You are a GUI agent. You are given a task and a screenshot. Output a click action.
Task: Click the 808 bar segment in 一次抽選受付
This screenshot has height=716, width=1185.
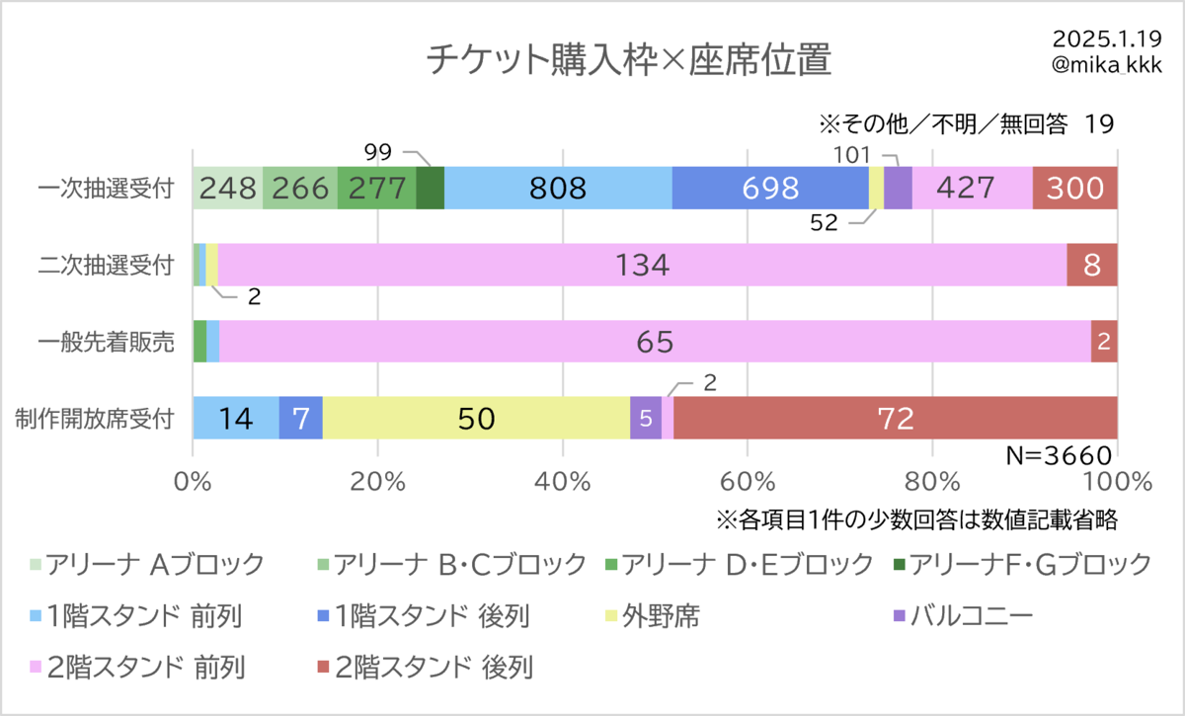(x=558, y=188)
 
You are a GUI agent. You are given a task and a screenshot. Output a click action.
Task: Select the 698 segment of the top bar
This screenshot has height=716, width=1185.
(x=770, y=188)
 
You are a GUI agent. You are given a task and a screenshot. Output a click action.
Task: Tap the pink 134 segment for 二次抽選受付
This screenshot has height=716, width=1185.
(x=642, y=265)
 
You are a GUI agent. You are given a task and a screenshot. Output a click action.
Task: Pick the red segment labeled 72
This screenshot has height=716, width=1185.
(x=895, y=418)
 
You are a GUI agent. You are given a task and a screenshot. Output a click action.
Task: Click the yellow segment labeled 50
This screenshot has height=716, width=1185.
(x=476, y=418)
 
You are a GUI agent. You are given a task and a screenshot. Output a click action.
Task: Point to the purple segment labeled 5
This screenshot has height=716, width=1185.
(x=646, y=418)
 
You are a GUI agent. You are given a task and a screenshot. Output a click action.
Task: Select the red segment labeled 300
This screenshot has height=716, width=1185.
(x=1075, y=188)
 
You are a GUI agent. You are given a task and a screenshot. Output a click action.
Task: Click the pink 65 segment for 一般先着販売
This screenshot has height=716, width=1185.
(x=655, y=342)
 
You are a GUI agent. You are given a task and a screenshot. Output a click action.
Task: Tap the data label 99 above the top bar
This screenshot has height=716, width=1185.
(x=377, y=152)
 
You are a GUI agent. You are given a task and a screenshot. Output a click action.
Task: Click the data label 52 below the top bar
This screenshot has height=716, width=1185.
(x=824, y=223)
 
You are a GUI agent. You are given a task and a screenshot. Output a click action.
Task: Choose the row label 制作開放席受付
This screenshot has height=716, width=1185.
(x=94, y=419)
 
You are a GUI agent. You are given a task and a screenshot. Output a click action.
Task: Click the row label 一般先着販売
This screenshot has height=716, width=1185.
(x=106, y=342)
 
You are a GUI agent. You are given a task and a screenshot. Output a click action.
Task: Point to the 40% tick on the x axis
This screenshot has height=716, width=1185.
(x=562, y=482)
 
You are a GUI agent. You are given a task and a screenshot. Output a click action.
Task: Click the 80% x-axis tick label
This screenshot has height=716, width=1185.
(x=932, y=482)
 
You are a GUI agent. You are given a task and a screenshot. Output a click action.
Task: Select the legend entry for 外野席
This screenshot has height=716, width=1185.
(x=653, y=616)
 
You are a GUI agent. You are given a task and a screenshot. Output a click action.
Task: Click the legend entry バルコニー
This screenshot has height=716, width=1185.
(x=963, y=616)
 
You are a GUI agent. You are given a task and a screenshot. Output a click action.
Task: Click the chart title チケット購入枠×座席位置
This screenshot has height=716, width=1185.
(x=629, y=59)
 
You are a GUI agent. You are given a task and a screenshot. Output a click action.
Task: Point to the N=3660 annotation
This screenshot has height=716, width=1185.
(x=1059, y=455)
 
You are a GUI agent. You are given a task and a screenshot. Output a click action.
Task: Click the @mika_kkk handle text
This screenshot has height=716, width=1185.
(x=1107, y=64)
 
